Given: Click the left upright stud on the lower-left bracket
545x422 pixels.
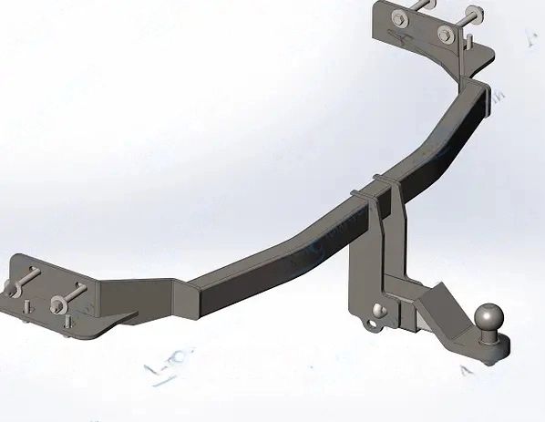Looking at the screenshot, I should [27, 307].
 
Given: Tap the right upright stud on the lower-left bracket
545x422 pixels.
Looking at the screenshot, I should [69, 322].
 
